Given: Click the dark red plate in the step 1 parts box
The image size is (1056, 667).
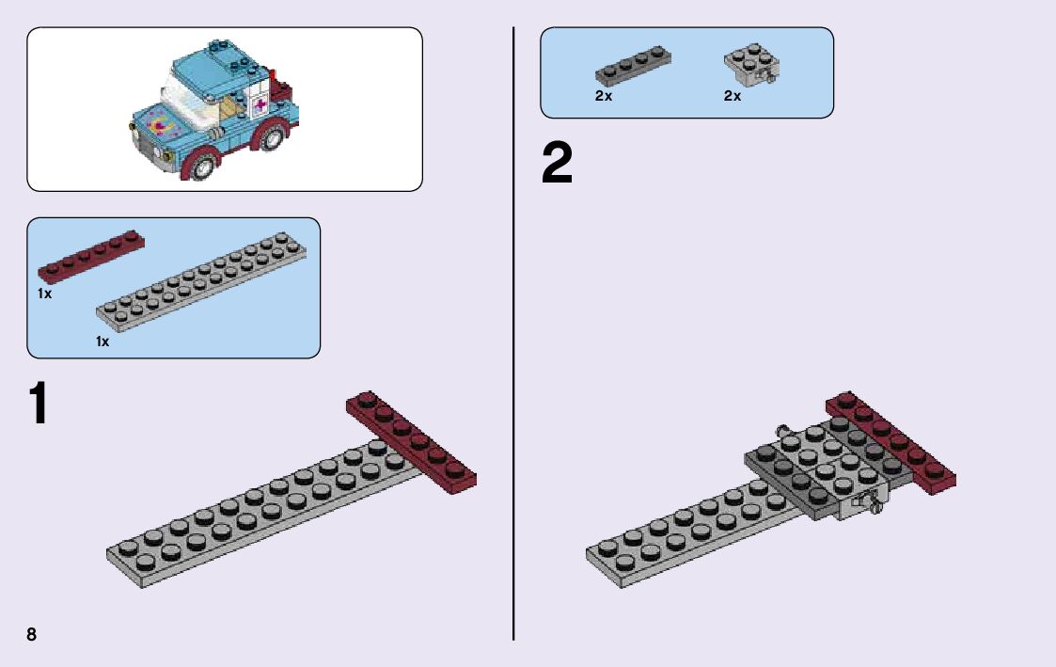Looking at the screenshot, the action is tap(91, 255).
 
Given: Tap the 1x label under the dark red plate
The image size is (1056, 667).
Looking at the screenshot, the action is tap(44, 294).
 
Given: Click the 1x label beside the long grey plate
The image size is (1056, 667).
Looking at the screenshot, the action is tap(102, 341).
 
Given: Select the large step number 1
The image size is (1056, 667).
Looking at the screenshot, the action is tap(37, 403).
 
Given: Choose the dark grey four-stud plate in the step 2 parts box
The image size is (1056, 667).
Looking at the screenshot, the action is tap(632, 69).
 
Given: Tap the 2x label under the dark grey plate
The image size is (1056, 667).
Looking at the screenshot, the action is tap(604, 96).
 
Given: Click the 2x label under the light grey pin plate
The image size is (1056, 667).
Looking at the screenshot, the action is tap(733, 96).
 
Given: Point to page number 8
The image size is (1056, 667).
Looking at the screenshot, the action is tap(32, 634).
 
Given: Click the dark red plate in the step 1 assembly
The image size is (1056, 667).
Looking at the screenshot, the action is tap(412, 441).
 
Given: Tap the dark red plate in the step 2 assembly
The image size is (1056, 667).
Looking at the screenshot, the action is tap(891, 441).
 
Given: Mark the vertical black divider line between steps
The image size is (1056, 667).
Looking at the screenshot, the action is tap(513, 329).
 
